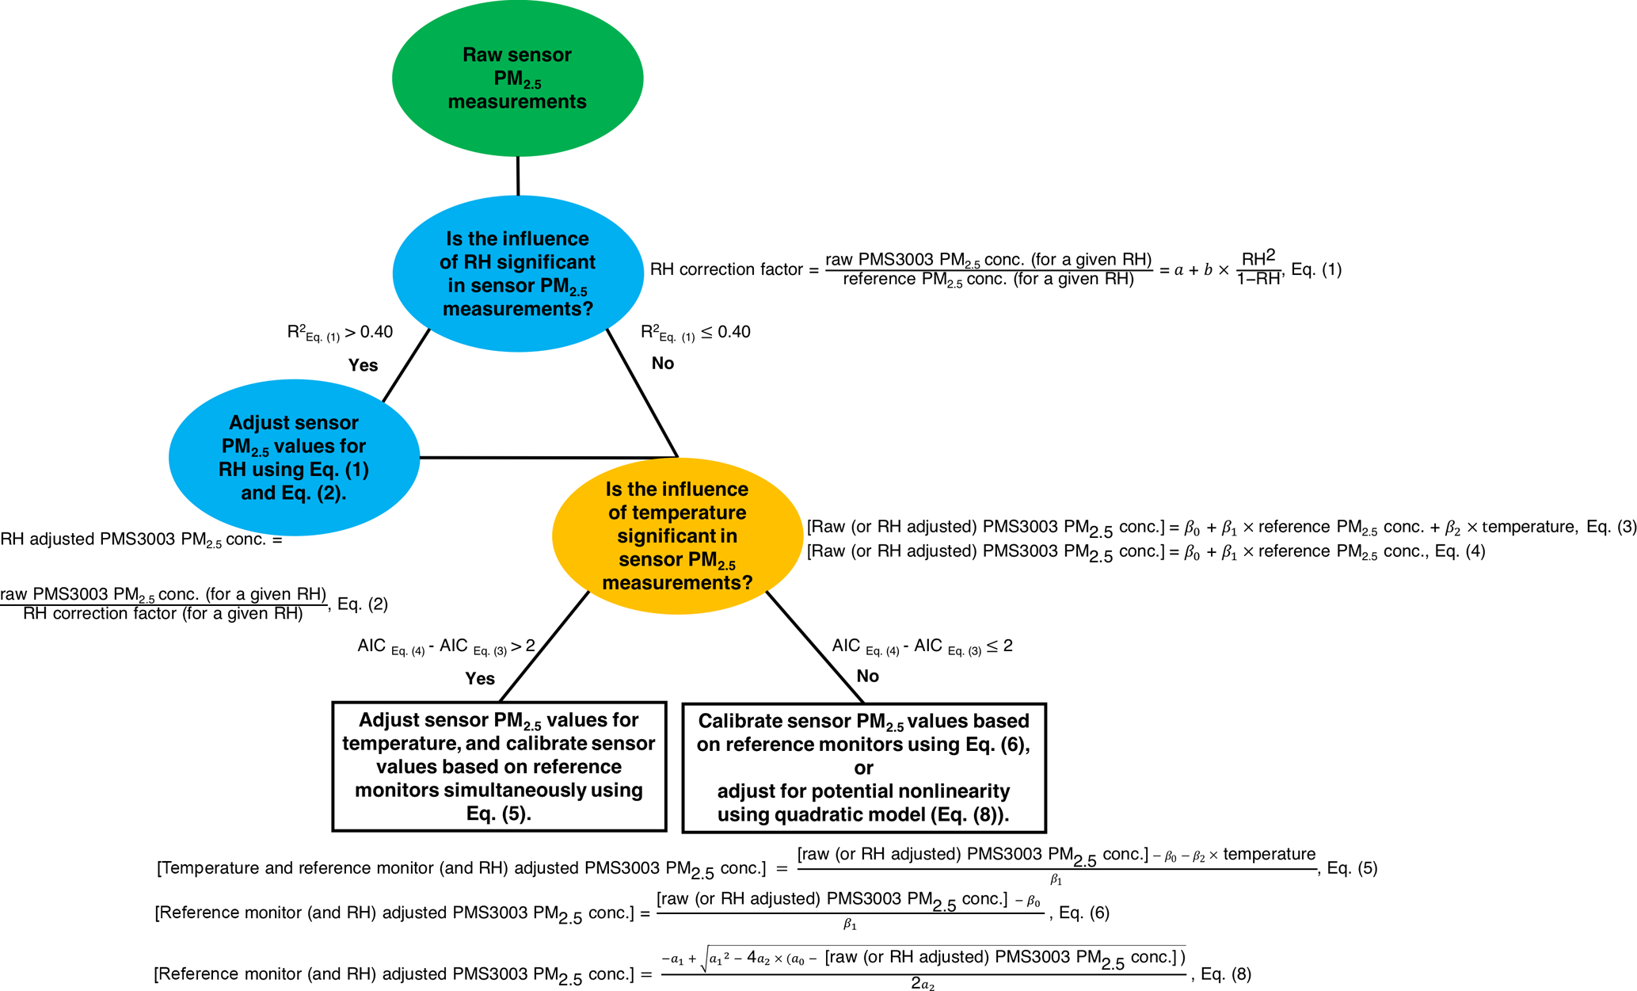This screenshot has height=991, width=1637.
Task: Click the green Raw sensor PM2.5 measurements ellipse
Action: click(x=517, y=78)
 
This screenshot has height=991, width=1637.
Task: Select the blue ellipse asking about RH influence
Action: click(x=517, y=273)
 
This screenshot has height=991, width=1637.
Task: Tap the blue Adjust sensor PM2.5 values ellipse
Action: click(x=294, y=457)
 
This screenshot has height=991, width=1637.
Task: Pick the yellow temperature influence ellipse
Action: click(x=677, y=536)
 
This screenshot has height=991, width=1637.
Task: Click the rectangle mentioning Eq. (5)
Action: click(x=499, y=766)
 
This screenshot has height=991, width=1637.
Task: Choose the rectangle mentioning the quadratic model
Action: click(x=863, y=768)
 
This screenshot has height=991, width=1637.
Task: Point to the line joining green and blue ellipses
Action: click(x=518, y=176)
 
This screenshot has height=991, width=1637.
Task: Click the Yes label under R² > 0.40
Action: click(x=364, y=365)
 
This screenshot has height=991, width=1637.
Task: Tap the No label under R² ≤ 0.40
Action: click(x=663, y=364)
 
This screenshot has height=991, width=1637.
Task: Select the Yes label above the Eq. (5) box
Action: click(x=480, y=679)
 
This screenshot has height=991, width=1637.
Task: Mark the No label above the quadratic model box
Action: click(x=868, y=677)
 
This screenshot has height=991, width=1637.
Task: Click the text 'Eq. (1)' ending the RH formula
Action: click(x=1316, y=269)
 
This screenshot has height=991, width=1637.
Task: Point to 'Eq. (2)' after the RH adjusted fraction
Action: click(x=363, y=604)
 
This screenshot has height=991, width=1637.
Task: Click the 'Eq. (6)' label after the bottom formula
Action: click(x=1084, y=913)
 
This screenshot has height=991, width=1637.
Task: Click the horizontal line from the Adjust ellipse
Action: click(x=546, y=457)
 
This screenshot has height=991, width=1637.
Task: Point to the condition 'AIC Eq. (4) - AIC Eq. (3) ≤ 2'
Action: click(x=922, y=646)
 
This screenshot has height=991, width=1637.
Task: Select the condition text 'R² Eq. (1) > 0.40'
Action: click(x=340, y=333)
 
